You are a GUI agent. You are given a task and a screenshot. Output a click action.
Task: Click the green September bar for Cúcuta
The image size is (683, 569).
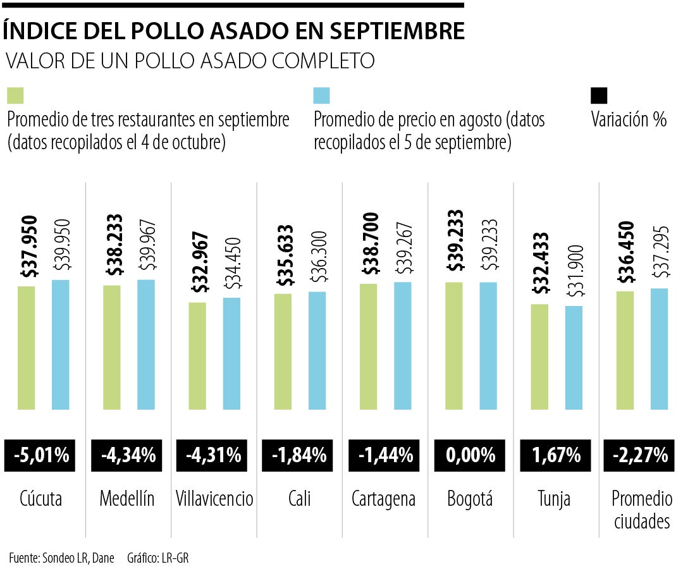point(27,348)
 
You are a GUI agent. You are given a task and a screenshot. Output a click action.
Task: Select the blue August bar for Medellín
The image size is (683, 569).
point(146,345)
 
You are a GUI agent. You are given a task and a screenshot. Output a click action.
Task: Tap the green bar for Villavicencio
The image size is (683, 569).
point(197,356)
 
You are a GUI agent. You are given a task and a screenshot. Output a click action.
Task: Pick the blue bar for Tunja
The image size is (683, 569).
point(574,358)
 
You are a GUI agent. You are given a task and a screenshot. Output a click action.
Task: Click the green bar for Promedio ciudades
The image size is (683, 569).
point(625,350)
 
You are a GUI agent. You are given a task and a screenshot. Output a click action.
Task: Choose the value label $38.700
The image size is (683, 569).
point(371,244)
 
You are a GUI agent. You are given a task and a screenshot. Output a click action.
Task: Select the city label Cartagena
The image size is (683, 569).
point(384,499)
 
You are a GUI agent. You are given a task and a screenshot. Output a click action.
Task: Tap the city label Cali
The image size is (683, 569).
point(299,499)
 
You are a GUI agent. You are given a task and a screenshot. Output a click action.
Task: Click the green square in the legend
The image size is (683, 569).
point(15,95)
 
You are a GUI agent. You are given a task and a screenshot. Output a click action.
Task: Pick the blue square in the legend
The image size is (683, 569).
point(322,95)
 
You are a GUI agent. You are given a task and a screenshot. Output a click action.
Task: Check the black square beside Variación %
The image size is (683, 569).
point(598,95)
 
